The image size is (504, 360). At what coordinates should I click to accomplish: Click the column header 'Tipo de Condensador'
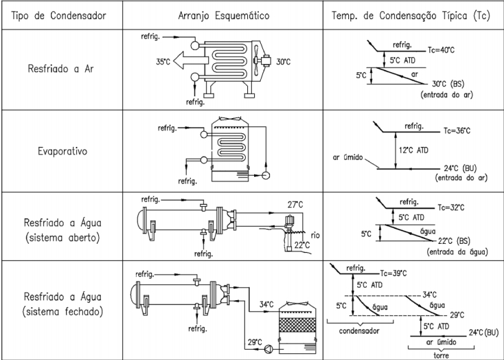[x=58, y=15]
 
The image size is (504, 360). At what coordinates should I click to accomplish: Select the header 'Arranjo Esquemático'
[x=224, y=15]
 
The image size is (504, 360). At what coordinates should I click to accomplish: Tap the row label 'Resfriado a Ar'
[x=60, y=69]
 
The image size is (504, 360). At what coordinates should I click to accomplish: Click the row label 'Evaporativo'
[x=62, y=151]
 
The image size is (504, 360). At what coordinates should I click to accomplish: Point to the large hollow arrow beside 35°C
[x=191, y=60]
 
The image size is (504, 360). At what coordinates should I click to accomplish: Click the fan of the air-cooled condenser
[x=256, y=60]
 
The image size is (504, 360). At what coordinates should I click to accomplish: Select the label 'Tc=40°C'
[x=441, y=50]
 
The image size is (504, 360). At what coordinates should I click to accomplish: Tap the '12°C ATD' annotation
[x=413, y=150]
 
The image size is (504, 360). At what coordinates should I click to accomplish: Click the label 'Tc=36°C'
[x=457, y=131]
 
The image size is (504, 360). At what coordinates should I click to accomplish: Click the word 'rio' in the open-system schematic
[x=315, y=235]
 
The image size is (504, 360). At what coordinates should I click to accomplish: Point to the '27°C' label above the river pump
[x=295, y=205]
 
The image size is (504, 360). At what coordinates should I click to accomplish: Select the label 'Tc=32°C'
[x=451, y=207]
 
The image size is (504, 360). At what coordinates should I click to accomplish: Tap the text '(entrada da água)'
[x=457, y=251]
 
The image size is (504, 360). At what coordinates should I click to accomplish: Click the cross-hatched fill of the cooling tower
[x=297, y=325]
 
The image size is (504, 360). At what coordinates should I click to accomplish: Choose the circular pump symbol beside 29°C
[x=268, y=349]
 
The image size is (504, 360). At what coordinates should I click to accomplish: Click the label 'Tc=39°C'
[x=393, y=273]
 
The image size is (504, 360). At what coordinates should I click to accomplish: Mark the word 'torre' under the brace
[x=441, y=355]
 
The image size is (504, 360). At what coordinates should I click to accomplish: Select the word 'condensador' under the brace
[x=359, y=330]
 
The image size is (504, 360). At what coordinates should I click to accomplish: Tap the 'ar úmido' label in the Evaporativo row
[x=347, y=157]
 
